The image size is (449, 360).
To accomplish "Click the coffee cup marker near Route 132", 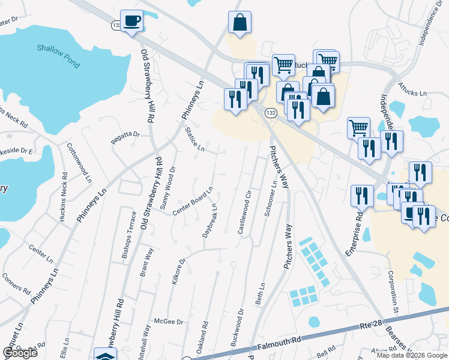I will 131,21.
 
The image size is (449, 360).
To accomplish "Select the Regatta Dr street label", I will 125,137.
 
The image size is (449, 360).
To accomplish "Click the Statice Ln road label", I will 195,139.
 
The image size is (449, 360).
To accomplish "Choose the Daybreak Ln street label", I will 209,220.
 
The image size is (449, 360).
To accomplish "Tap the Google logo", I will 20,353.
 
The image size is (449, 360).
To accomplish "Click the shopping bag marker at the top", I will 240,23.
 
